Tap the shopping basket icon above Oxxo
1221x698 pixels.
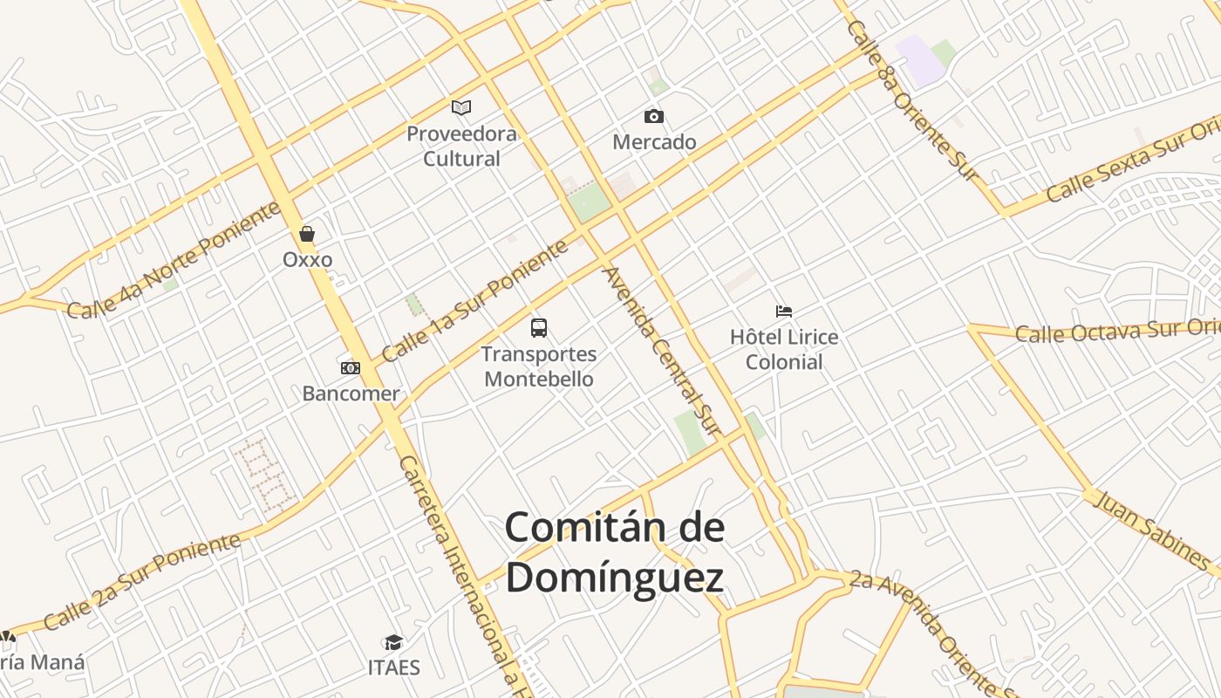click(x=307, y=234)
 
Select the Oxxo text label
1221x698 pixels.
click(x=307, y=259)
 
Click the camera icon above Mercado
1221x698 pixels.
click(x=653, y=116)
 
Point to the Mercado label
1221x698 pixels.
click(x=654, y=141)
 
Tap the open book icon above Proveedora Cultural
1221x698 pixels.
click(x=461, y=107)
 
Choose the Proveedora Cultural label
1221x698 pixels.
click(x=461, y=147)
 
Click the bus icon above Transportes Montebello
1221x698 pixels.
click(x=539, y=328)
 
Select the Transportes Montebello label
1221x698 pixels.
click(x=539, y=366)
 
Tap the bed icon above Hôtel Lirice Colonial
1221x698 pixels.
click(x=784, y=311)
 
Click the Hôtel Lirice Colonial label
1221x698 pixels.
click(x=784, y=349)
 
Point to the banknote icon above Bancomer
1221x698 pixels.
click(x=350, y=368)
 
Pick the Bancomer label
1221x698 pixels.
click(x=351, y=393)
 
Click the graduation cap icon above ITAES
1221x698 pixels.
click(x=393, y=643)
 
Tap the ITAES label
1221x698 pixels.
click(x=393, y=668)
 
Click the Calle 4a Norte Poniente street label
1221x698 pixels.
click(x=174, y=259)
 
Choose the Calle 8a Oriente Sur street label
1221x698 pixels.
click(x=912, y=100)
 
